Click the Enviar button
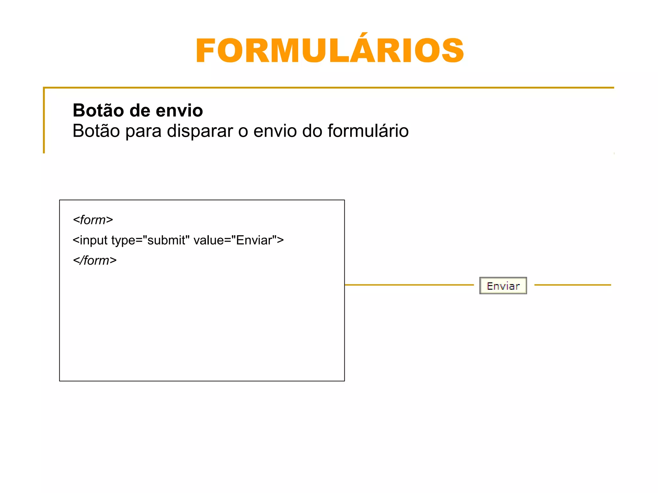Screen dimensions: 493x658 (x=503, y=286)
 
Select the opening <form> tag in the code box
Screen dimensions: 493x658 (x=93, y=220)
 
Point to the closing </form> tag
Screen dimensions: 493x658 (x=95, y=261)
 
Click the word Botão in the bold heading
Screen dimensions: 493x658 (x=98, y=110)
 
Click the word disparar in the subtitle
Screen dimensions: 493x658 (x=200, y=131)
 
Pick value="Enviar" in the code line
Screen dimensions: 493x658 (x=238, y=240)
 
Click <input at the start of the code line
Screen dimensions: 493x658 (x=90, y=240)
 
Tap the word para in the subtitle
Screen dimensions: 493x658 (x=143, y=132)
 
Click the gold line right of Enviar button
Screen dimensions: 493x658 (x=572, y=285)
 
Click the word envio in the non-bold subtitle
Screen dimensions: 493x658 (x=275, y=131)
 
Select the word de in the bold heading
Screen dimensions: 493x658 (x=140, y=110)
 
